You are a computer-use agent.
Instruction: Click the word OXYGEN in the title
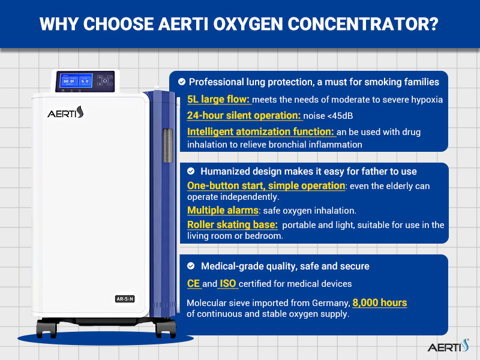(248, 24)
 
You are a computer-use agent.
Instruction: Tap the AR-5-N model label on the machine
(125, 299)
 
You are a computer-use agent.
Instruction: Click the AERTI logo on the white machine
(65, 112)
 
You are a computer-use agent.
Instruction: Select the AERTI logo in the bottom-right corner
(448, 346)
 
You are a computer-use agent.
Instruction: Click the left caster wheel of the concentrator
(47, 329)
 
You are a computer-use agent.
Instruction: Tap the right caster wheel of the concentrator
(166, 329)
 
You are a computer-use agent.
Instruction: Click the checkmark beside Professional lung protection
(182, 82)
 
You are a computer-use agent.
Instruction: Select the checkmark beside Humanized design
(191, 171)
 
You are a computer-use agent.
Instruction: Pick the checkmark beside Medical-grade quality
(191, 266)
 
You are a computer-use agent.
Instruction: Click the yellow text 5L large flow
(219, 100)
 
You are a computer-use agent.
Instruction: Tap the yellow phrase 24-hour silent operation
(244, 115)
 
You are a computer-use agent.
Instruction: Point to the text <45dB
(340, 116)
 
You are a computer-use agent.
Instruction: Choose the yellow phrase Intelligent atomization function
(260, 131)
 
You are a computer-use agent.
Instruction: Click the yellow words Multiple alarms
(223, 211)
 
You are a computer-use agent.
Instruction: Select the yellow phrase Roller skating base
(232, 224)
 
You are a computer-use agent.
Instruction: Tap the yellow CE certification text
(193, 283)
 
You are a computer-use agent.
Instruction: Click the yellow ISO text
(228, 283)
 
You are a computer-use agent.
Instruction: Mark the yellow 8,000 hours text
(380, 302)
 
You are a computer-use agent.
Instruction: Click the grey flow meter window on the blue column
(168, 145)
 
